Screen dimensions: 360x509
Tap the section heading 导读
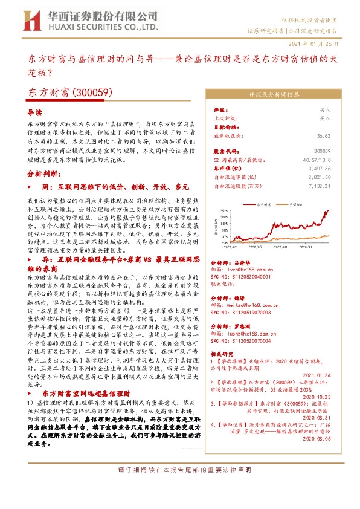pyautogui.click(x=36, y=112)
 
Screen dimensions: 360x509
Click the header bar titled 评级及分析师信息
pyautogui.click(x=278, y=94)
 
